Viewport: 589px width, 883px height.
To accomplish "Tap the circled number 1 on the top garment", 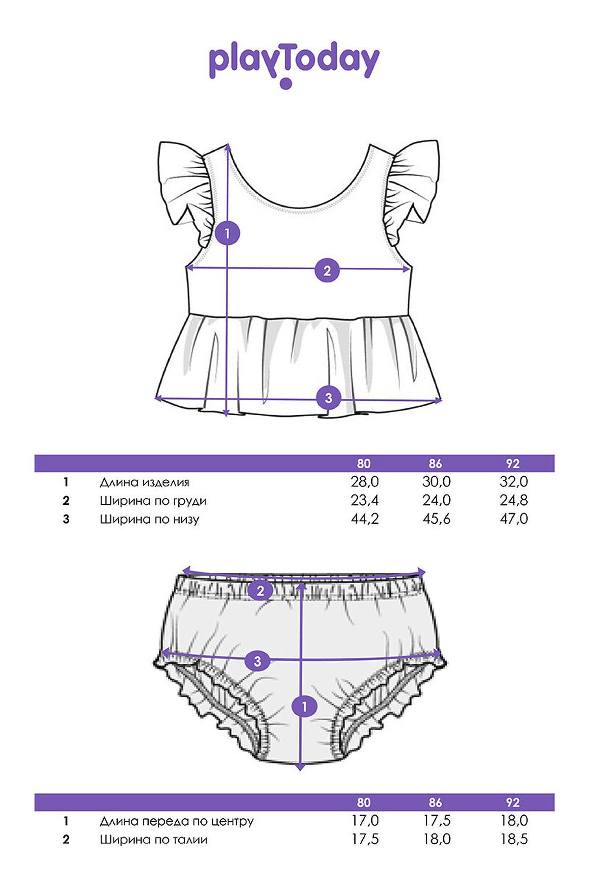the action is [x=227, y=234].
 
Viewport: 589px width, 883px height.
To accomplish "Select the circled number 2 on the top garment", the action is [x=327, y=270].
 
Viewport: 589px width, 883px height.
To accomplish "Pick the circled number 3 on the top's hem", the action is [x=328, y=398].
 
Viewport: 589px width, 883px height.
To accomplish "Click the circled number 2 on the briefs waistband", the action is [x=260, y=591].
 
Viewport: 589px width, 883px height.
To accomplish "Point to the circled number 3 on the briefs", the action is [x=258, y=661].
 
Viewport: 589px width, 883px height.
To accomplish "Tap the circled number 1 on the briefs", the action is [x=304, y=707].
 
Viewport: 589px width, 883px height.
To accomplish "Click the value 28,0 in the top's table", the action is [x=365, y=482].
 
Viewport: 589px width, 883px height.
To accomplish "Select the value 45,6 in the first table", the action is [x=436, y=519].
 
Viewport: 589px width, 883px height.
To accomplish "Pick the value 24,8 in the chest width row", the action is [x=514, y=500].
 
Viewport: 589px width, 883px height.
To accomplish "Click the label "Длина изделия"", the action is [x=144, y=482].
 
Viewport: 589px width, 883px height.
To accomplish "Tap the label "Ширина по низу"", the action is [x=150, y=519].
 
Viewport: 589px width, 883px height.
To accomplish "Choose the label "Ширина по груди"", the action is [x=153, y=501].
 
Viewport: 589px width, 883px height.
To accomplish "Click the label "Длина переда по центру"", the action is [x=177, y=821].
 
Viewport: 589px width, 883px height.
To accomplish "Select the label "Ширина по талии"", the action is [x=154, y=839].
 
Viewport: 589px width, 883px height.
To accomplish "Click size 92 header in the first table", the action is [x=512, y=464].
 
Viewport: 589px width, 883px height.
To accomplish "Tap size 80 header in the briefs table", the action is [x=364, y=803].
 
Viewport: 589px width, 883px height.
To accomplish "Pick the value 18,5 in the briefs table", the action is [x=514, y=839].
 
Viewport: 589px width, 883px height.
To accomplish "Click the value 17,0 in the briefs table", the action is [x=365, y=821].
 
